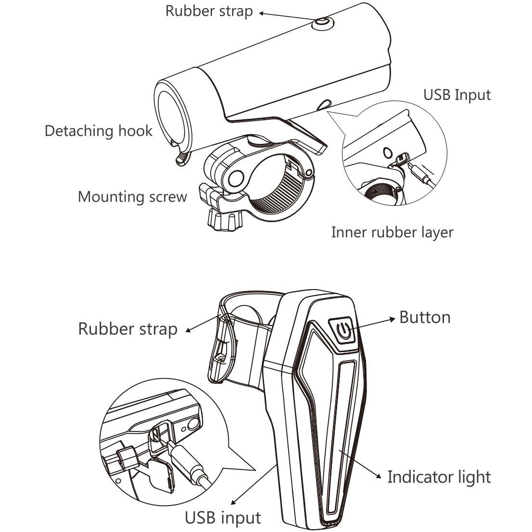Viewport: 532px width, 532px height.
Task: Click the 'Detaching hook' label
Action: coord(98,131)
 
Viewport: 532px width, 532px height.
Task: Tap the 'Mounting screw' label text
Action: coord(132,197)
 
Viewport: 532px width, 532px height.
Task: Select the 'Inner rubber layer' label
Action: coord(392,232)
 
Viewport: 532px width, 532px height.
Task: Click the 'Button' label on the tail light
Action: coord(425,317)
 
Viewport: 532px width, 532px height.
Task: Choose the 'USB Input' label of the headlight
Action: coord(456,94)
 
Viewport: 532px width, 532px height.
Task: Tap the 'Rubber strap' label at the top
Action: coord(209,11)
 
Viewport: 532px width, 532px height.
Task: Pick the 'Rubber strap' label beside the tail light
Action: coord(127,329)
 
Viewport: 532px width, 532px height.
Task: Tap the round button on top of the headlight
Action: coord(322,23)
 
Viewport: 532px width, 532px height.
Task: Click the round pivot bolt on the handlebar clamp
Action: coord(235,178)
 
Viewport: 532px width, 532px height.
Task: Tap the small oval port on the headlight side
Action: coord(325,104)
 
